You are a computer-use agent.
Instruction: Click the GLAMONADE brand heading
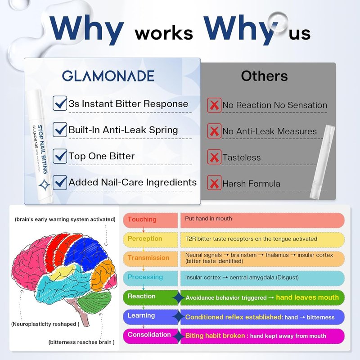coord(108,76)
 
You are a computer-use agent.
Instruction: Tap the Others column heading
coord(264,76)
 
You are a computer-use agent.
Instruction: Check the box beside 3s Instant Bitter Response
coord(60,103)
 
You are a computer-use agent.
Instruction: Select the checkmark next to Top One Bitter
coord(60,156)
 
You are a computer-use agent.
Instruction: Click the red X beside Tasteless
coord(214,157)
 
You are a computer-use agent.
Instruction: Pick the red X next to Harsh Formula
coord(214,183)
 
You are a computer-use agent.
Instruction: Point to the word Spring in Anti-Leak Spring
coord(163,130)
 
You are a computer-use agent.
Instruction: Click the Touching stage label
coord(142,219)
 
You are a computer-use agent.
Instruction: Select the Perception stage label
coord(145,238)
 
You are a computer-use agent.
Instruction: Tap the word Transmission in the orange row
coord(148,257)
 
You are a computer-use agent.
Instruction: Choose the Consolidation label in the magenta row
coord(149,334)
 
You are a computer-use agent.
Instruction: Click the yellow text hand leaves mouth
coord(307,297)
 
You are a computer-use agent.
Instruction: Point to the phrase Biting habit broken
coord(215,336)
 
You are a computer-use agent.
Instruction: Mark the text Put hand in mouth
coord(208,219)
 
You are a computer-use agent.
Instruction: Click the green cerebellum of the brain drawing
coord(94,301)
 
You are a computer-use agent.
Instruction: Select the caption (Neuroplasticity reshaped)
coord(45,324)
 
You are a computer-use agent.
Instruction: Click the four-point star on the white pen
coord(44,185)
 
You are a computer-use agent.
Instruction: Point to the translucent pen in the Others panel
coord(322,162)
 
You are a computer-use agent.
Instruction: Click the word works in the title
coord(164,33)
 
